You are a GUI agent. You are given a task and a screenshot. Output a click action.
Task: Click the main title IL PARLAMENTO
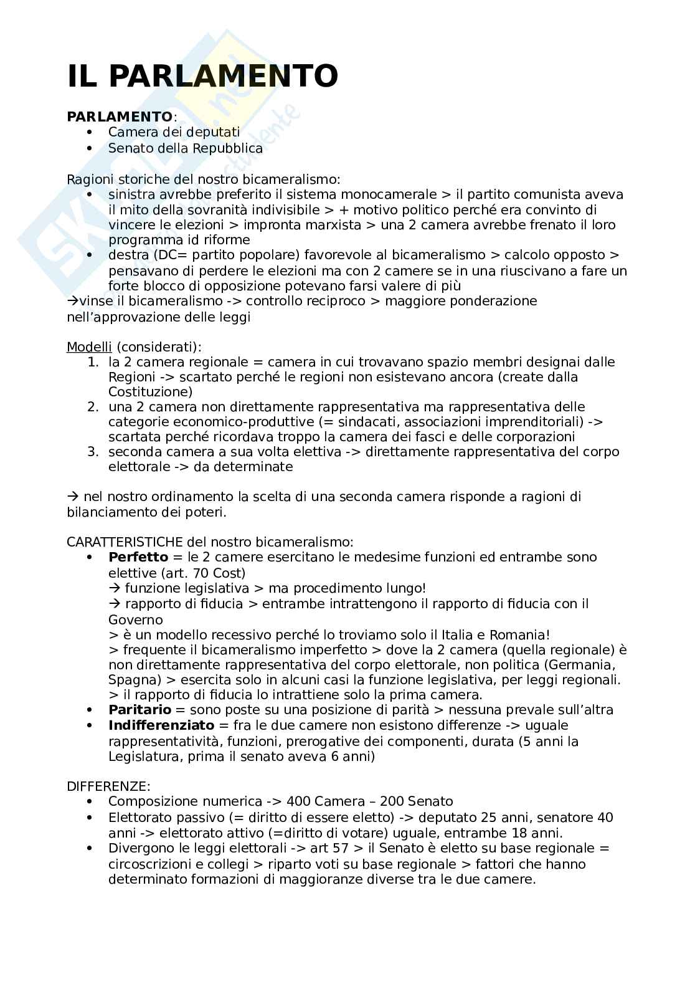coord(202,76)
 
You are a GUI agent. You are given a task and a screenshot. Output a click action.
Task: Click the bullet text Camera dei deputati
coord(174,132)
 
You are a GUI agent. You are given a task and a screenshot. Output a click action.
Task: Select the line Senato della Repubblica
coord(185,148)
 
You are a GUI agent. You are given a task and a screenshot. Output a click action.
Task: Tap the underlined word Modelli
coord(89,346)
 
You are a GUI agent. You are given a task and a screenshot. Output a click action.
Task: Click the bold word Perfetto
coord(138,556)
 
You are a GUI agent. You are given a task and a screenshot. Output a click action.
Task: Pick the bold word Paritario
coord(139,709)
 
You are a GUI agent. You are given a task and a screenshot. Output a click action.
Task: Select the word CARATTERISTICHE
coord(125,542)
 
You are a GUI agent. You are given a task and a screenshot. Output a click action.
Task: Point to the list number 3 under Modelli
coord(92,452)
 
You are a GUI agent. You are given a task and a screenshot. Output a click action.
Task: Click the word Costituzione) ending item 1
coord(150,392)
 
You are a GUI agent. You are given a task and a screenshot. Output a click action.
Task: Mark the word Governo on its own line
coord(135,620)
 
